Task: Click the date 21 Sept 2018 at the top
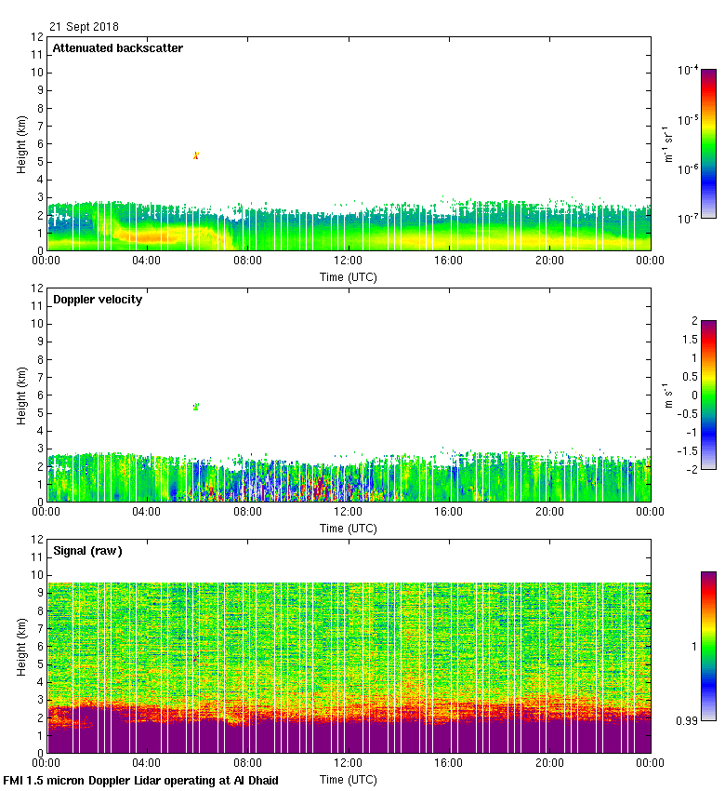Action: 84,27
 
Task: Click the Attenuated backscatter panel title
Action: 117,47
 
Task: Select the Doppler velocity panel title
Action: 98,299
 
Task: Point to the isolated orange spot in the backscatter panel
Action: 195,155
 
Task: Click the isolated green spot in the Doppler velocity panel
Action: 195,407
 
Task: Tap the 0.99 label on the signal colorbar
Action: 686,720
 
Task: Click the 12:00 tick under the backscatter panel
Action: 348,260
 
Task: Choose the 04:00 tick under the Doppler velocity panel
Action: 147,511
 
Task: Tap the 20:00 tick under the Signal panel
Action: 549,762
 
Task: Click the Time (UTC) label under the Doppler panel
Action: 349,528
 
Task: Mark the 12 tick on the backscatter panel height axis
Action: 36,37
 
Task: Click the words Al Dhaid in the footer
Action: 251,780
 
